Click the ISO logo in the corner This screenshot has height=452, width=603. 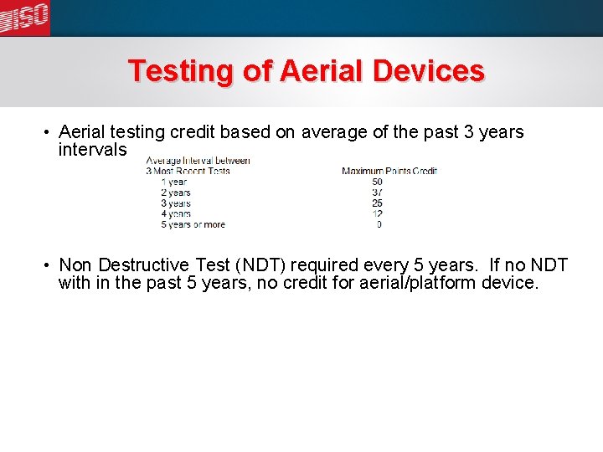coord(25,16)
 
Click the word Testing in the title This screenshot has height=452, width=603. coord(181,70)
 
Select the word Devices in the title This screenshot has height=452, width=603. coord(429,70)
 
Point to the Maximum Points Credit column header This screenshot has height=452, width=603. coord(389,171)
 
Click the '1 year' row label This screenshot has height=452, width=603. coord(174,182)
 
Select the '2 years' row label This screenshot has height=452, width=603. coord(176,193)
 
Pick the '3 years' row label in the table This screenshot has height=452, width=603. coord(176,203)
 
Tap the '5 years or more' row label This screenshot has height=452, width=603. coord(193,224)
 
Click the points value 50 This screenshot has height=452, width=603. coord(377,182)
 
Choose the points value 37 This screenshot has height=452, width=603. coord(377,193)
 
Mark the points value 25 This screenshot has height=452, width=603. coord(377,203)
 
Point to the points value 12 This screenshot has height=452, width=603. coord(377,214)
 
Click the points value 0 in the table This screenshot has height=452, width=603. coord(379,224)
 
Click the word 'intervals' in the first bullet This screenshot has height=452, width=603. coord(92,150)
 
